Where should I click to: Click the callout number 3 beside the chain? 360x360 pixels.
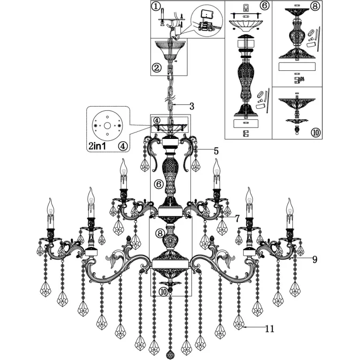pos(191,106)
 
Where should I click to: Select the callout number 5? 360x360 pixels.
pos(216,151)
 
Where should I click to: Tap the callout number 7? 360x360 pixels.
pos(237,218)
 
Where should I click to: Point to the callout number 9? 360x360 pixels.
pos(315,259)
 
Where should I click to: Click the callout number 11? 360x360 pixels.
pos(270,329)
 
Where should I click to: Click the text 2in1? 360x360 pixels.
pos(97,146)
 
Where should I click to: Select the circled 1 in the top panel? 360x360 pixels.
pos(156,6)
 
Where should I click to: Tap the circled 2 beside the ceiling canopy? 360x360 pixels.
pos(157,68)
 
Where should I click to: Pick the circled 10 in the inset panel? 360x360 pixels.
pos(315,132)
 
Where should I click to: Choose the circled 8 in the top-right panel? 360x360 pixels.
pos(315,6)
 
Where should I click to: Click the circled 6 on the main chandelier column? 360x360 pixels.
pos(159,184)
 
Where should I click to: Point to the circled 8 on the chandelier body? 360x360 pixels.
pos(160,233)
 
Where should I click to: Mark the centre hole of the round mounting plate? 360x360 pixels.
pos(107,125)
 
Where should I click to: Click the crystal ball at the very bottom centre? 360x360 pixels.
pos(170,355)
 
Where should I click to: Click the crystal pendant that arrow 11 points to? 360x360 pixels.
pos(239,322)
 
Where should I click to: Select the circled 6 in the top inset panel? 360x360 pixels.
pos(265,5)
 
